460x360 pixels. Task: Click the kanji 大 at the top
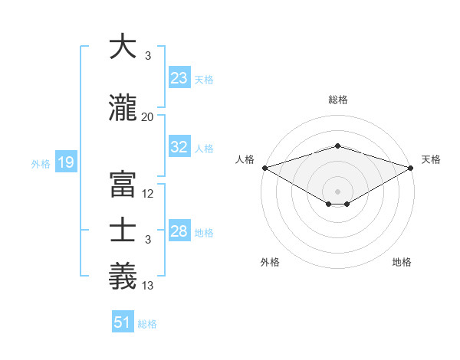click(x=123, y=47)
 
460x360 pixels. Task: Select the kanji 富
click(x=123, y=185)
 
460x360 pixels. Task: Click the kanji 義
click(x=123, y=277)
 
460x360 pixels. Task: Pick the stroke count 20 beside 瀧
click(x=147, y=117)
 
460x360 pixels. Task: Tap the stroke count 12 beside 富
click(x=148, y=194)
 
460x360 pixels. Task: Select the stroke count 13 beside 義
click(x=148, y=286)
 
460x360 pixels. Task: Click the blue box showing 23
click(x=179, y=78)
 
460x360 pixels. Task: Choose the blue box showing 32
click(x=179, y=147)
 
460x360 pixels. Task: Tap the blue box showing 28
click(x=179, y=231)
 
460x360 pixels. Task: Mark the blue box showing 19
click(x=65, y=162)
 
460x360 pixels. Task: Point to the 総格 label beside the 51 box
click(x=147, y=324)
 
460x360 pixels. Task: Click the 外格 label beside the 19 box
click(x=40, y=163)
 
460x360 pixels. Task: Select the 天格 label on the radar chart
click(x=432, y=159)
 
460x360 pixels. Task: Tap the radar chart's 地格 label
click(x=402, y=262)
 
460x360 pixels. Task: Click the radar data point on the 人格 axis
click(x=264, y=168)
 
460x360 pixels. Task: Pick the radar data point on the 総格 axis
click(x=337, y=146)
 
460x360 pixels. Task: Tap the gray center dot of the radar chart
click(x=337, y=190)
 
